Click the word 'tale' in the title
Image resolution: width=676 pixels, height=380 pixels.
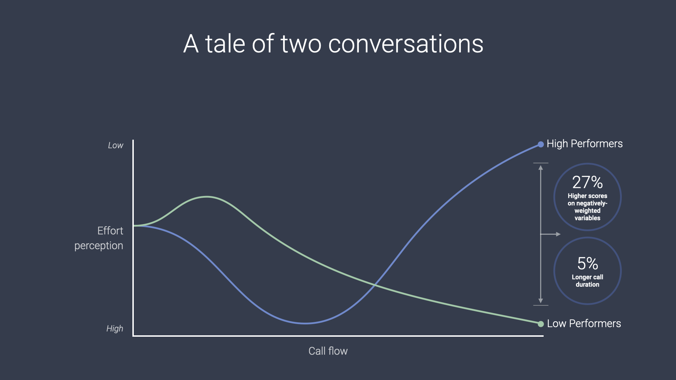pyautogui.click(x=225, y=44)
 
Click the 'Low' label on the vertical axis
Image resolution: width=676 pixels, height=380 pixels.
pyautogui.click(x=115, y=145)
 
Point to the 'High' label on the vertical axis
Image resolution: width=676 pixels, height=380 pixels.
pyautogui.click(x=115, y=329)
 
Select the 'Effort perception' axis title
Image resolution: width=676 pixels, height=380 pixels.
pyautogui.click(x=99, y=238)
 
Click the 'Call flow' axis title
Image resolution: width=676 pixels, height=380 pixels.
pyautogui.click(x=328, y=351)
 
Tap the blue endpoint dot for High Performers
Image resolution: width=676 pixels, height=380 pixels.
pyautogui.click(x=541, y=144)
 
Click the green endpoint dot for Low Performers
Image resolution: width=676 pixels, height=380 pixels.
pyautogui.click(x=541, y=324)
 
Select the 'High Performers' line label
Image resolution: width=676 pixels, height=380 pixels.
pyautogui.click(x=584, y=144)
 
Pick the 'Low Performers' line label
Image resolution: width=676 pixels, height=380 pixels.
pyautogui.click(x=584, y=323)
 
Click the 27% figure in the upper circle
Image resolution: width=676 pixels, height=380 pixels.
pyautogui.click(x=587, y=182)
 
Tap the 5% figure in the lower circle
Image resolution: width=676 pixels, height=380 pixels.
pyautogui.click(x=587, y=263)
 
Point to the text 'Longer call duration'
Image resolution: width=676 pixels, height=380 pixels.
pyautogui.click(x=587, y=281)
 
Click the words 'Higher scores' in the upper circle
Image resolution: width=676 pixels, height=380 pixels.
pyautogui.click(x=587, y=196)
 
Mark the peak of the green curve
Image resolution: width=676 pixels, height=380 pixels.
pyautogui.click(x=207, y=197)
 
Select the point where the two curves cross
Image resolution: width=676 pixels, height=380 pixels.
pyautogui.click(x=375, y=284)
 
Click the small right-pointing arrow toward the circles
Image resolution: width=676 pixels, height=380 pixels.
pyautogui.click(x=558, y=234)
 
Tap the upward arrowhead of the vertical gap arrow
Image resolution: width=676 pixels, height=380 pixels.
pyautogui.click(x=541, y=168)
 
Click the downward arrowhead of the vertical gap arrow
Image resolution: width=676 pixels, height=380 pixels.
pyautogui.click(x=541, y=301)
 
